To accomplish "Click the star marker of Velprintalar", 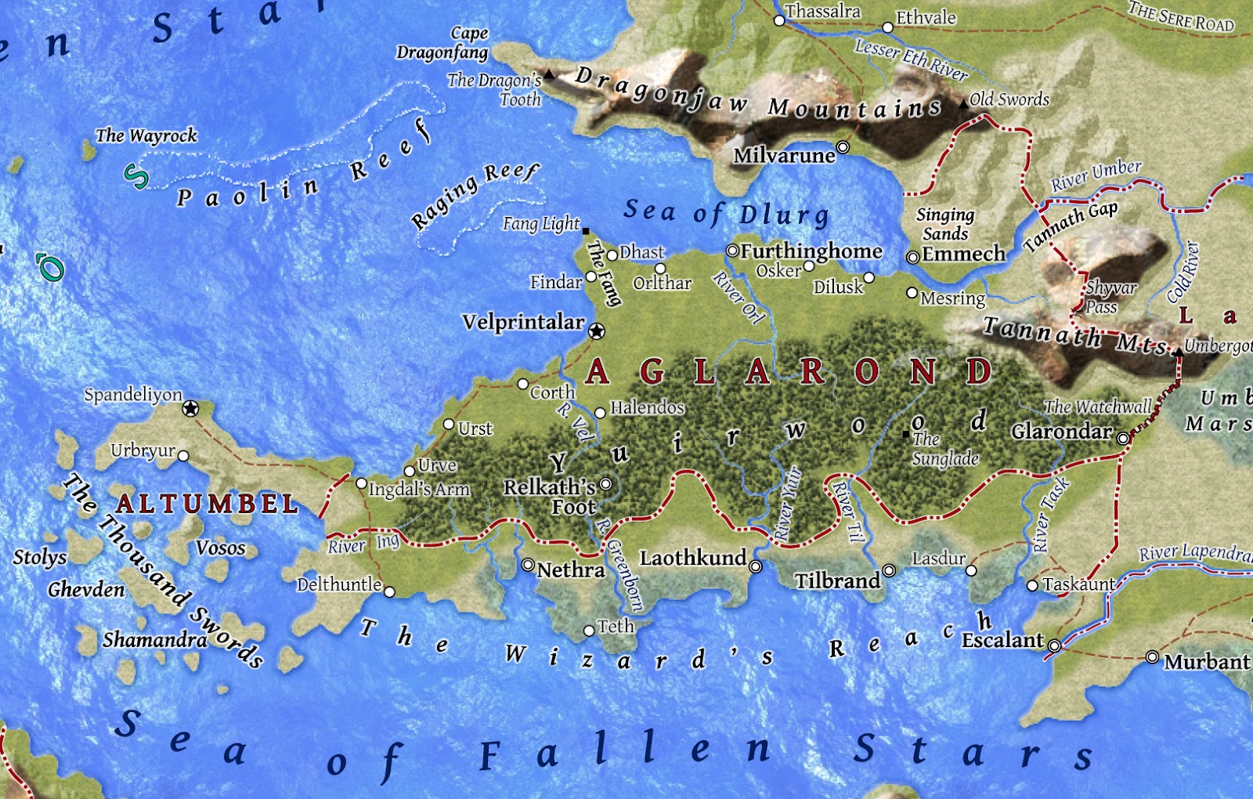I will point(597,331).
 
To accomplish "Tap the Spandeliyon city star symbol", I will point(190,409).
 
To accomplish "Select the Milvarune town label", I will point(784,156).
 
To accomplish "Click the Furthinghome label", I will point(811,251).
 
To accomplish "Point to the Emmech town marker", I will point(912,257).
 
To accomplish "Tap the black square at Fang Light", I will point(586,231).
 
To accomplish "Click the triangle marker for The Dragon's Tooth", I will point(549,75).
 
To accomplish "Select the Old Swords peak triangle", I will point(963,103).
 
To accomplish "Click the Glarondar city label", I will point(1061,432).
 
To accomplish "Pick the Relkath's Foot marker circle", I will point(605,484).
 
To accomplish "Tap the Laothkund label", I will point(693,558).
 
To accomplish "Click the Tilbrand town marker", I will point(889,570).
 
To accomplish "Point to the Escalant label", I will point(1002,641).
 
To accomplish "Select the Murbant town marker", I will point(1152,656).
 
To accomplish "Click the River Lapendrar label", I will point(1194,553).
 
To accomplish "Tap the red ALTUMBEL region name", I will point(207,504).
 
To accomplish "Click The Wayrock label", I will point(146,136).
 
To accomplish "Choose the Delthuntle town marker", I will point(389,591).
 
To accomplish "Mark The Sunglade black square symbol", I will point(906,434).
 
